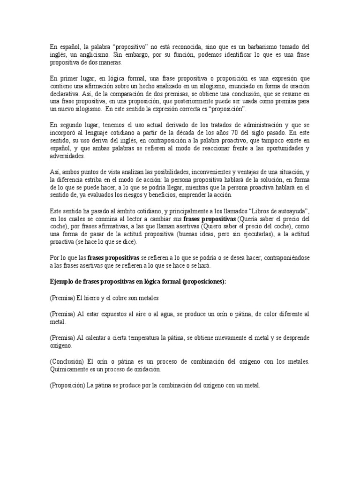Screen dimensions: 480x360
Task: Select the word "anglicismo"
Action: (x=94, y=55)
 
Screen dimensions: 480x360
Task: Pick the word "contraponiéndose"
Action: (x=282, y=257)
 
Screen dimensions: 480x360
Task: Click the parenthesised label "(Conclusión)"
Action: (x=67, y=361)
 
